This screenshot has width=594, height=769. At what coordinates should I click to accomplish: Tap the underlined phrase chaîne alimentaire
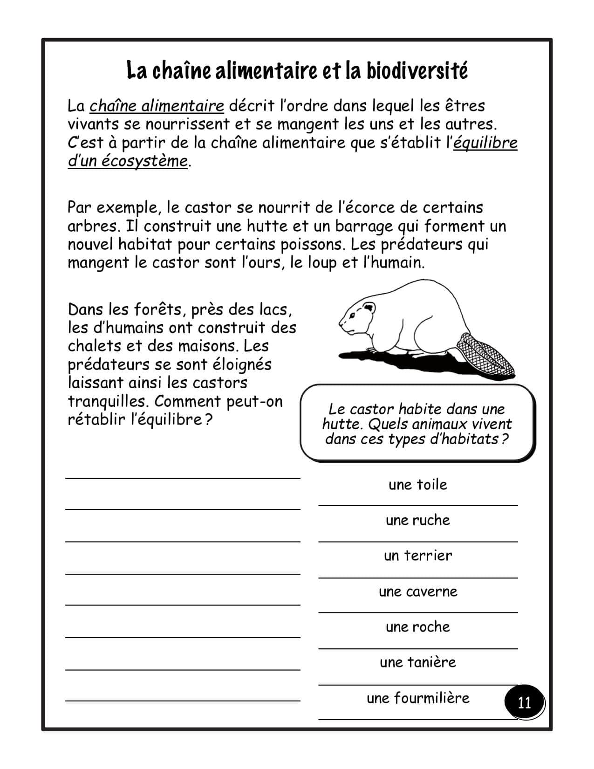coord(157,106)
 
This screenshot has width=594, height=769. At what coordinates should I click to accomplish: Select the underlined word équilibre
coord(485,143)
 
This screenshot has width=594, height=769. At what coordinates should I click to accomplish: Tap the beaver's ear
coord(369,308)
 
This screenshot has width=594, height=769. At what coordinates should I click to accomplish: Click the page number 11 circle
coord(524,702)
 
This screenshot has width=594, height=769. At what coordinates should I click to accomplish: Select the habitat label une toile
coord(418,485)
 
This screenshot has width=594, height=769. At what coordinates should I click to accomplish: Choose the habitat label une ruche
coord(418,520)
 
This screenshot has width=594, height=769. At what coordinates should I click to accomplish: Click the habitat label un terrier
coord(418,556)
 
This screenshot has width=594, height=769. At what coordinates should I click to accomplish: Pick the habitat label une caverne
coord(418,591)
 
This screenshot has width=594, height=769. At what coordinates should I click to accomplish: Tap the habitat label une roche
coord(418,627)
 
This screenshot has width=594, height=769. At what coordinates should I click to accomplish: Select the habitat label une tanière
coord(418,662)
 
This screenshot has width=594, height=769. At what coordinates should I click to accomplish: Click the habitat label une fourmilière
coord(418,698)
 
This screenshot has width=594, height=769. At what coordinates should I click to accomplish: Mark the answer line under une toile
coord(418,505)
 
